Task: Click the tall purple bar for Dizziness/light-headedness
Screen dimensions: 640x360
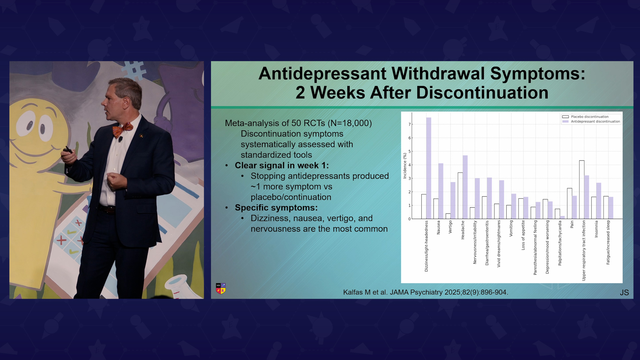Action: [429, 168]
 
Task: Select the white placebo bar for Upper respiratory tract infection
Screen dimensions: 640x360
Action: [582, 190]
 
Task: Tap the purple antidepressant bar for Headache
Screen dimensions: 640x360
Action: [465, 187]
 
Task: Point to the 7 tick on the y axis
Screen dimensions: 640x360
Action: [410, 124]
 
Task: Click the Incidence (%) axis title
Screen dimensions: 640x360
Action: [405, 166]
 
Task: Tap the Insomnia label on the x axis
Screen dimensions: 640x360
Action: [596, 229]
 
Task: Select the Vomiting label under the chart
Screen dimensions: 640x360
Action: [511, 228]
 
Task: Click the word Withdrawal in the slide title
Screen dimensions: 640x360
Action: [438, 73]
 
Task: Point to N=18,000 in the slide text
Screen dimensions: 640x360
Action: [350, 123]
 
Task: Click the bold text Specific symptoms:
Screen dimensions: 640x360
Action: [276, 208]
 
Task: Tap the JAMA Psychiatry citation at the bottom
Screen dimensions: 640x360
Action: [426, 292]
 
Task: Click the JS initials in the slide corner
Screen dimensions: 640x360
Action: [624, 293]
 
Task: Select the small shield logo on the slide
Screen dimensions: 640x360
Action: [221, 288]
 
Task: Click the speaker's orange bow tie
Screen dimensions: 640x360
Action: [122, 129]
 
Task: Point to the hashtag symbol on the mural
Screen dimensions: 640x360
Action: [134, 71]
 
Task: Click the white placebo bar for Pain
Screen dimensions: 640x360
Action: [570, 204]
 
